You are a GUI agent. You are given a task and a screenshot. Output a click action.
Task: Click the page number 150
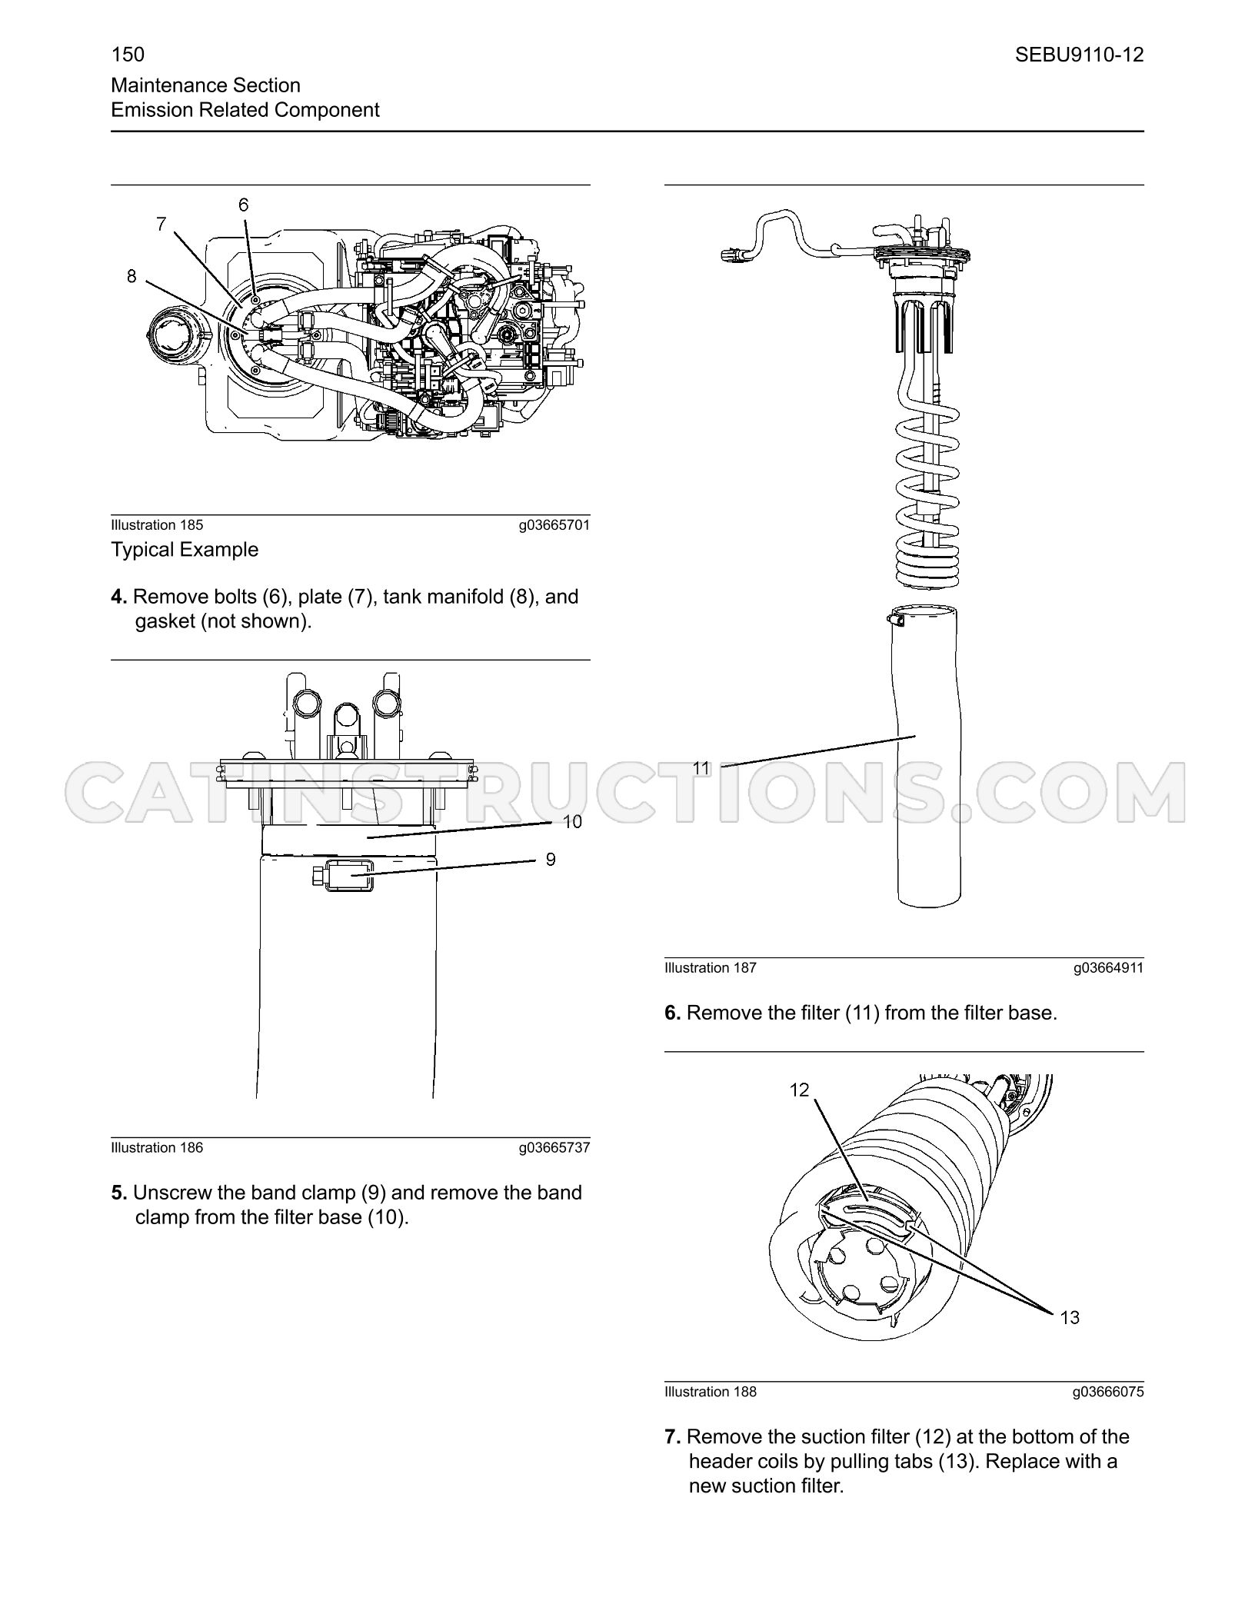coord(128,55)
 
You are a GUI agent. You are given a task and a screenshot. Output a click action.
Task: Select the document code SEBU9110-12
coord(1079,55)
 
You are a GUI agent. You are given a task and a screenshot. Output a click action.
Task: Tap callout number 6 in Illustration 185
coord(243,205)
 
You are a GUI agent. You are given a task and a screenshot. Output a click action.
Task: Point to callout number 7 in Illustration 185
coord(161,224)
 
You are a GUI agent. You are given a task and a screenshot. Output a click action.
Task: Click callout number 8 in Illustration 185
coord(131,275)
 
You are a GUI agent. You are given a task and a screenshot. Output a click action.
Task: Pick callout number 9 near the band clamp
coord(551,859)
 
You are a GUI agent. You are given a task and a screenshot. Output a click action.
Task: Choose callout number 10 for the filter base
coord(572,822)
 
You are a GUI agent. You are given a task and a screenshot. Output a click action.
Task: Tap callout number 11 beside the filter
coord(701,767)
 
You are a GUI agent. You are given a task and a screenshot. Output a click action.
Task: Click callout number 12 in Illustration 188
coord(799,1090)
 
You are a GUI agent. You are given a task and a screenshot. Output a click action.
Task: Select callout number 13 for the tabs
coord(1070,1317)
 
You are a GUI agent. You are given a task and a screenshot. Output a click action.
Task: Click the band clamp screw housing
coord(344,876)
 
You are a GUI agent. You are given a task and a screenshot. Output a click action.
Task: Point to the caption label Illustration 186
coord(157,1148)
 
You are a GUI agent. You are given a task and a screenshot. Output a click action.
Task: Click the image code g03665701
coord(554,525)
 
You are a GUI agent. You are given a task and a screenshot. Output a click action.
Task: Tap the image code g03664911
coord(1108,968)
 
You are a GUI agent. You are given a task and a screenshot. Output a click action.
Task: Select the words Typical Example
coord(185,550)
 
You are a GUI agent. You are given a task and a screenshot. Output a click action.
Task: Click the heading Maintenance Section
coord(206,85)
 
